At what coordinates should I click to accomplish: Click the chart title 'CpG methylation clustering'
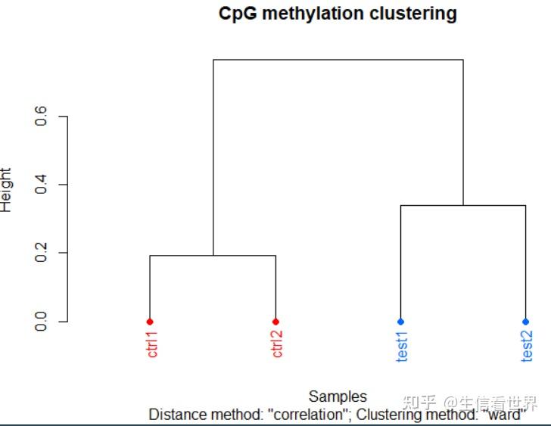tap(338, 14)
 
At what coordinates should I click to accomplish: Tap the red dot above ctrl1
tap(150, 322)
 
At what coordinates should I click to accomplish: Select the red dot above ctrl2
tap(275, 322)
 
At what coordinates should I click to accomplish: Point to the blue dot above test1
tap(400, 322)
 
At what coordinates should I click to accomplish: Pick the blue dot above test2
tap(525, 322)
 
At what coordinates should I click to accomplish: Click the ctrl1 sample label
tap(153, 344)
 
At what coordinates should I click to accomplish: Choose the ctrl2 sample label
tap(278, 344)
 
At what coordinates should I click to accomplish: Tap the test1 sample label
tap(403, 346)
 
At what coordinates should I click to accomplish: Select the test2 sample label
tap(528, 346)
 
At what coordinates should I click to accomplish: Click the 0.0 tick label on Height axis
tap(42, 322)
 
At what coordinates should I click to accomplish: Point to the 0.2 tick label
tap(42, 253)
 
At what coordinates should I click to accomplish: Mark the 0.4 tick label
tap(42, 185)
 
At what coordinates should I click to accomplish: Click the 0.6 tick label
tap(42, 117)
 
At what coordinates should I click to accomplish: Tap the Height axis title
tap(6, 189)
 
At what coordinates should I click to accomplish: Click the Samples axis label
tap(338, 396)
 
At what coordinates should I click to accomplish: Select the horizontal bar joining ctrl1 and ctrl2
tap(213, 256)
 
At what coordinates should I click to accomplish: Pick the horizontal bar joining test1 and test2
tap(462, 205)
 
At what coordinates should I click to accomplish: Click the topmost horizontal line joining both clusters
tap(338, 60)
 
